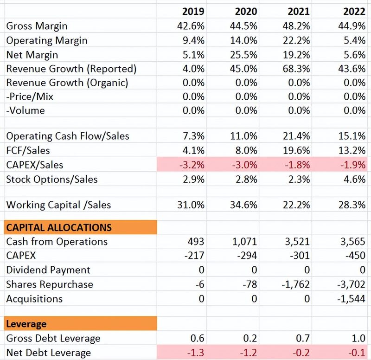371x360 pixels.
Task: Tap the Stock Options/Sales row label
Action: point(52,179)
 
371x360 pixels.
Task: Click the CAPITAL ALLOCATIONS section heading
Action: point(59,227)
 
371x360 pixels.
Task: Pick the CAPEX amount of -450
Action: point(356,256)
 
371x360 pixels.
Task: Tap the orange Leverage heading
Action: point(26,324)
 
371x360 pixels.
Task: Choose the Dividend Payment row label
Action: point(48,270)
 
